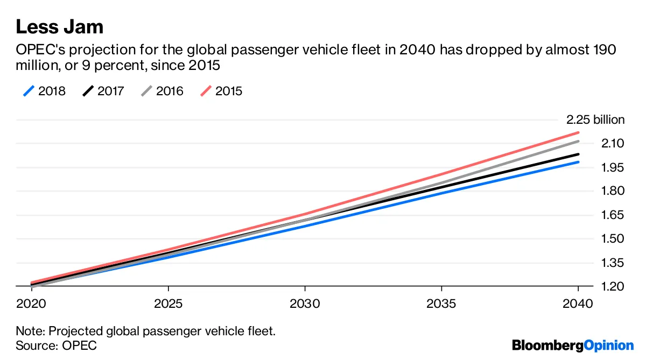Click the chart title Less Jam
[59, 26]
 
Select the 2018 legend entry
[45, 91]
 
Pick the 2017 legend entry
[103, 91]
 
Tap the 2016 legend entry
[163, 91]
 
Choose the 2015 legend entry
[222, 91]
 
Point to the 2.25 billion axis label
[595, 119]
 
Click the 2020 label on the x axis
[32, 303]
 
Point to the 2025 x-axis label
[168, 303]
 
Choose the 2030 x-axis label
[305, 303]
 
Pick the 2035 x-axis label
[441, 303]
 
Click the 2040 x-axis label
[578, 303]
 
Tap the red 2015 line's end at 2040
[578, 132]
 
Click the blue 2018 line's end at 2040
[578, 162]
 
